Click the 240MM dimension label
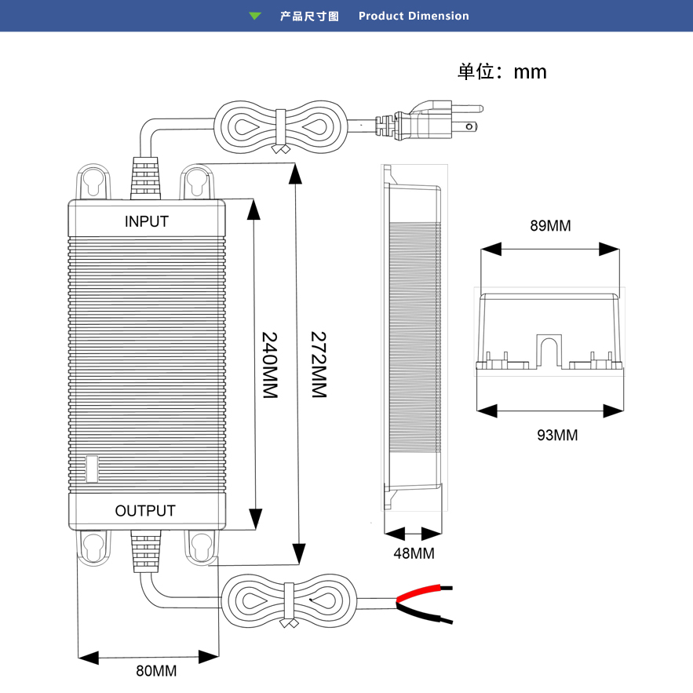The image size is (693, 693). (270, 365)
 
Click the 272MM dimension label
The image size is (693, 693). (318, 365)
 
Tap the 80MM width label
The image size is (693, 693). (156, 671)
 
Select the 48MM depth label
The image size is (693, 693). (414, 553)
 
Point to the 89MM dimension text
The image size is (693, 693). (550, 226)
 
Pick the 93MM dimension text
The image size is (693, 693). (557, 435)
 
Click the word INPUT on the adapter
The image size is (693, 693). (147, 221)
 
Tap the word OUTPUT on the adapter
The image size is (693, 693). (145, 511)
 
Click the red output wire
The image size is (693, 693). (424, 593)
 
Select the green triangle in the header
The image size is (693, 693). (254, 16)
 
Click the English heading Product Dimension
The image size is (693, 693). (414, 16)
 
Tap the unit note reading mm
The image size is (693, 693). (530, 72)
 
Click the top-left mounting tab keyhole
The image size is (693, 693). (93, 182)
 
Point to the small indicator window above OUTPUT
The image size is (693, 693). (92, 469)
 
